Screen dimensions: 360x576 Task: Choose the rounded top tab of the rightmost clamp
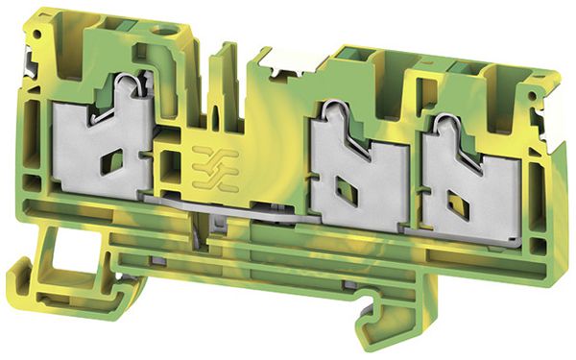pos(444,126)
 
